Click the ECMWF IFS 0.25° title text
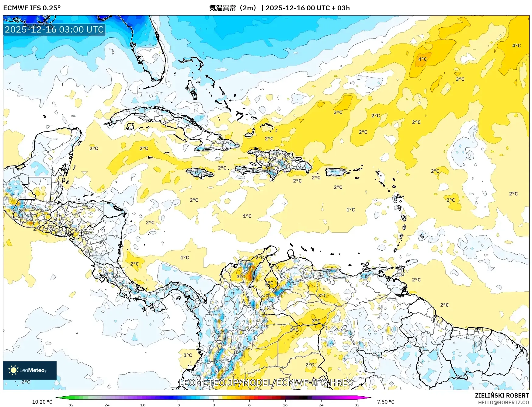(32, 8)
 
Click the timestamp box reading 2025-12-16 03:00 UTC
(54, 30)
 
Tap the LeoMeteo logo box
(30, 370)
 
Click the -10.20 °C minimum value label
(41, 402)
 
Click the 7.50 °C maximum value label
(385, 402)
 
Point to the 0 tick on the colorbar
(214, 405)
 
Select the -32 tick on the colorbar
(70, 405)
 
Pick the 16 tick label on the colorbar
(285, 405)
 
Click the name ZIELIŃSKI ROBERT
(502, 395)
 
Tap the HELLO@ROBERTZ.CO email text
(503, 402)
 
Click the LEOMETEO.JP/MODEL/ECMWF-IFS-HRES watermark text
(266, 382)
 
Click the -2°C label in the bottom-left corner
(25, 382)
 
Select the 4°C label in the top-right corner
(516, 46)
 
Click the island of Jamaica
(200, 173)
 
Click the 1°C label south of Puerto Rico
(350, 210)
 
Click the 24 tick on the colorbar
(321, 405)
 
